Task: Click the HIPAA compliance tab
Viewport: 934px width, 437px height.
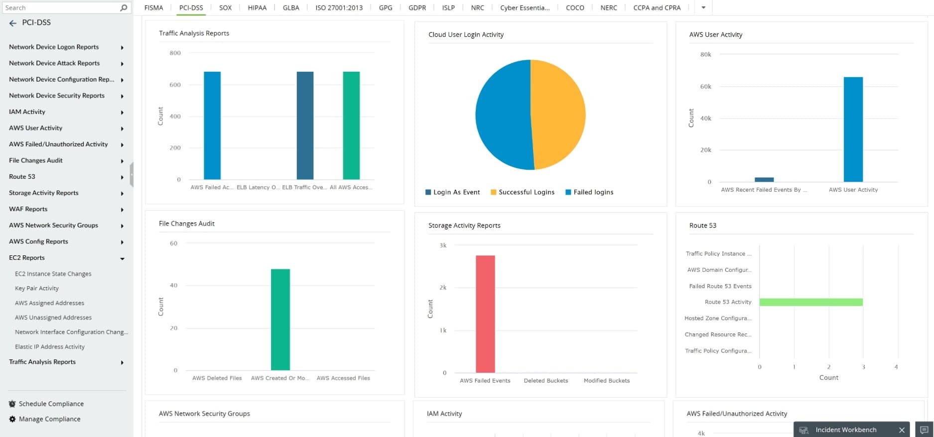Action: coord(257,7)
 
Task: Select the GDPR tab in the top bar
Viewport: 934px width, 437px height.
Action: coord(417,7)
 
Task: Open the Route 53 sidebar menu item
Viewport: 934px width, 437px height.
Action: coord(22,177)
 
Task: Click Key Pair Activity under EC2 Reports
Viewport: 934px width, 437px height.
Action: coord(37,288)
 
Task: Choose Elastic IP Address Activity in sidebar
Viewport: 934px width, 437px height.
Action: coord(50,347)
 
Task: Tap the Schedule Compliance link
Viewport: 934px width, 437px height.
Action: coord(51,404)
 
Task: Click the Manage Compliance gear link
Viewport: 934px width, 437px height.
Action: coord(49,419)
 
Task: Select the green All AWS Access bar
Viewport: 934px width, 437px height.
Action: coord(351,125)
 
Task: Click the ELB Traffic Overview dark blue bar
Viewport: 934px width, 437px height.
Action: coord(305,125)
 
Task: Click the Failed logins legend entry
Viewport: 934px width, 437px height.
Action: coord(593,192)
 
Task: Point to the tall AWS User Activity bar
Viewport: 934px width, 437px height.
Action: coord(853,129)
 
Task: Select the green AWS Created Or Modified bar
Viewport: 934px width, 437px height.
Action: coord(280,320)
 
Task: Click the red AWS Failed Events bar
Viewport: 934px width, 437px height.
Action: coord(485,314)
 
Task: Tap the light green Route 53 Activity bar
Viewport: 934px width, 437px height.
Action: coord(810,302)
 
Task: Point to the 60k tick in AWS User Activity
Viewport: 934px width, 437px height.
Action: coord(705,87)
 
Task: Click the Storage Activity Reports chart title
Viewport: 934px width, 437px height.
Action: coord(464,225)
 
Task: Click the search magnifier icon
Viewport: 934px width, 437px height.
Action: coord(124,8)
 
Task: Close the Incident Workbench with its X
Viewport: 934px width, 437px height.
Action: coord(902,430)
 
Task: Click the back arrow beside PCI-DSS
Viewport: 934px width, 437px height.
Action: coord(13,23)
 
